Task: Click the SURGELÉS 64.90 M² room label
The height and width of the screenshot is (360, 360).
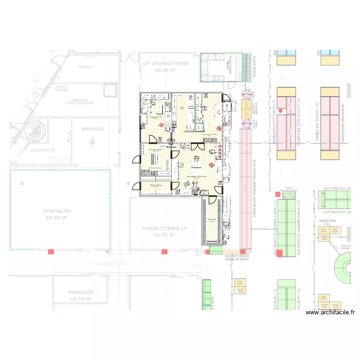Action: coord(57,214)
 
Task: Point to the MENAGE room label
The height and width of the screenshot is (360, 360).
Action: coord(93,129)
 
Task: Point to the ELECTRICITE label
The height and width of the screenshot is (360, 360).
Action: coord(43,150)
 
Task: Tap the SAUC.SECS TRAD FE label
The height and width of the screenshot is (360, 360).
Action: coord(237,257)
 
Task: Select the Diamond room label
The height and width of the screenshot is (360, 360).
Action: coord(212,220)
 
